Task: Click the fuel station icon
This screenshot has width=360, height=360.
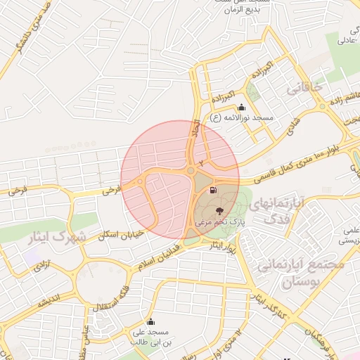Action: click(213, 191)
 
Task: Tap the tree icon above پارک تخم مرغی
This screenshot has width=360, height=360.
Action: click(219, 210)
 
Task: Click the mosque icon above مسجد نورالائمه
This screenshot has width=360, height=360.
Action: click(242, 108)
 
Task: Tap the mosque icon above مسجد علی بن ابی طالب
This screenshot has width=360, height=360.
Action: click(149, 322)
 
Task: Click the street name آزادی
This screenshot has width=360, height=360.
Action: click(34, 268)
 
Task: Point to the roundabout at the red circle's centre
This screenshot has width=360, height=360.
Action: click(191, 170)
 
